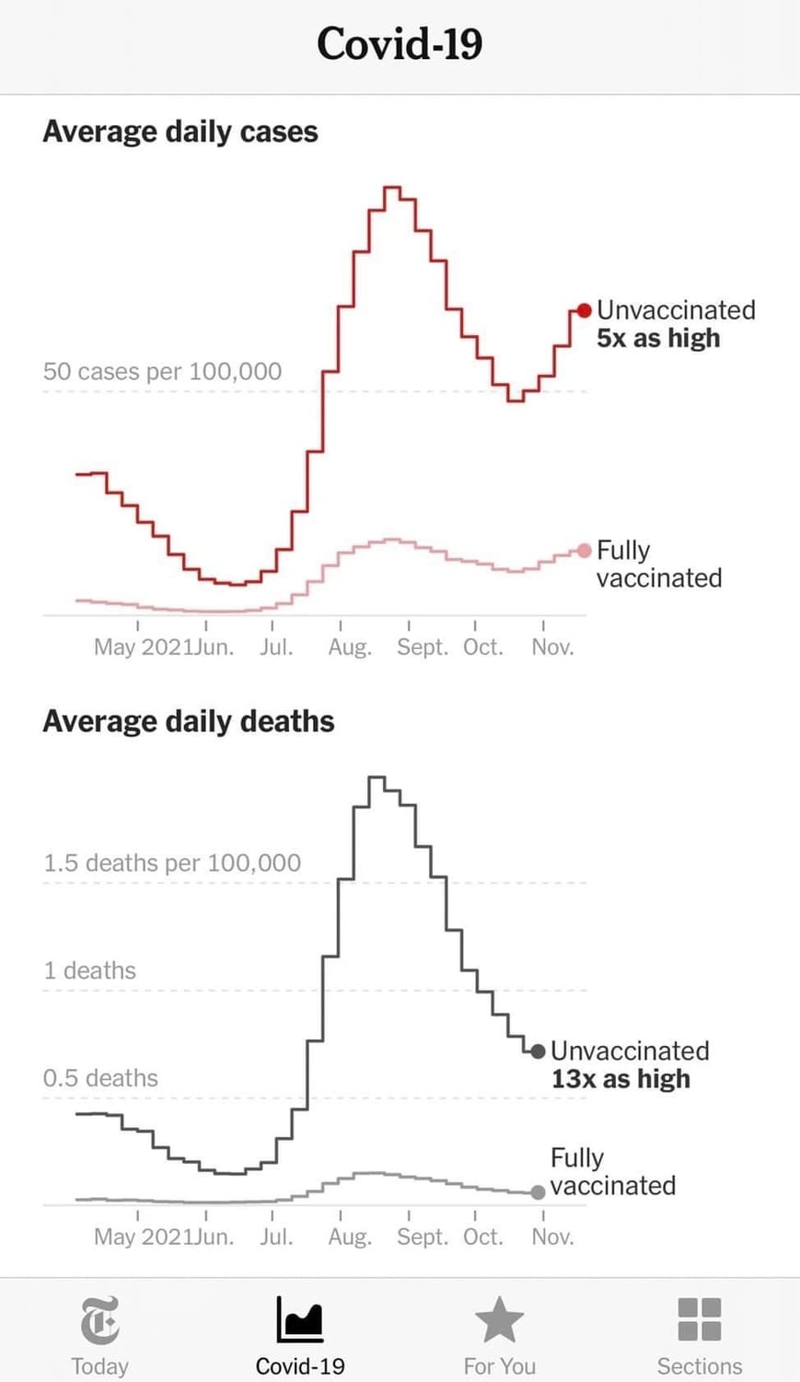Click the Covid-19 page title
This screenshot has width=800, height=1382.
pyautogui.click(x=400, y=44)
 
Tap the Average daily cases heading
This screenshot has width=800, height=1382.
pyautogui.click(x=180, y=132)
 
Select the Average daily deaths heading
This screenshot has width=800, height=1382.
pyautogui.click(x=188, y=721)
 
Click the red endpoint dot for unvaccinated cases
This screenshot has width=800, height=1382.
pyautogui.click(x=584, y=310)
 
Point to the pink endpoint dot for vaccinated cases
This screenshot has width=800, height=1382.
pyautogui.click(x=584, y=551)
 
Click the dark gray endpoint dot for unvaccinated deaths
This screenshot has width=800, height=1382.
pyautogui.click(x=538, y=1051)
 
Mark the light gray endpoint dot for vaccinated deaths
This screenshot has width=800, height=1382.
pyautogui.click(x=538, y=1192)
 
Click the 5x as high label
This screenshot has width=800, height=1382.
pyautogui.click(x=658, y=338)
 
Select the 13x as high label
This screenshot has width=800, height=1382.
pyautogui.click(x=620, y=1079)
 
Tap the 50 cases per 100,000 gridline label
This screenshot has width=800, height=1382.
pyautogui.click(x=162, y=371)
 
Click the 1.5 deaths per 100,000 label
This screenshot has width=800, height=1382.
pyautogui.click(x=172, y=863)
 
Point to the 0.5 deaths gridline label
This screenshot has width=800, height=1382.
pyautogui.click(x=100, y=1078)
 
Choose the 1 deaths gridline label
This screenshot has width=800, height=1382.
pyautogui.click(x=89, y=970)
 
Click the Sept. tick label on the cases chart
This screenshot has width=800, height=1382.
pyautogui.click(x=422, y=647)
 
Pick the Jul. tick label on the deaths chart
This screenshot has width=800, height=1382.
pyautogui.click(x=275, y=1237)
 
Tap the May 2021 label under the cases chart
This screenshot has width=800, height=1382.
pyautogui.click(x=143, y=647)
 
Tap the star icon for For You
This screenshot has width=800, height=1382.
pyautogui.click(x=499, y=1319)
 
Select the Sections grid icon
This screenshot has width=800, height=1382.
pyautogui.click(x=700, y=1319)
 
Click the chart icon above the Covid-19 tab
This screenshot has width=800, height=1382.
pyautogui.click(x=300, y=1319)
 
